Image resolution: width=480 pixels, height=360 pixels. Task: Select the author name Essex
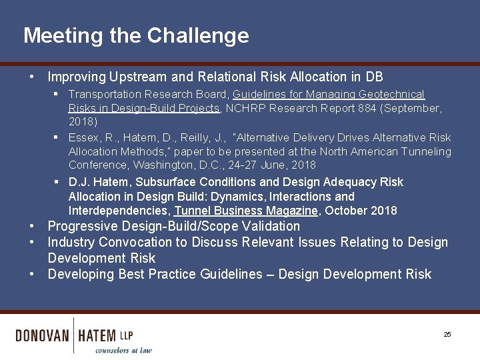(x=83, y=137)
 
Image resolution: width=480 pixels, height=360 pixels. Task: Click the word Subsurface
(x=166, y=182)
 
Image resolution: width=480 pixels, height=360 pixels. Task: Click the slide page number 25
(x=447, y=334)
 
